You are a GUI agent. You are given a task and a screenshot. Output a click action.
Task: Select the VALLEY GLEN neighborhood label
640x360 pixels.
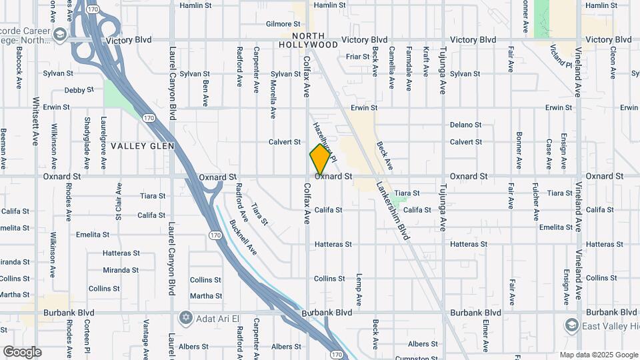tap(142, 146)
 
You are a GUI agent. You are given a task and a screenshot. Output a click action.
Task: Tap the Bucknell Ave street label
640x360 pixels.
tap(243, 238)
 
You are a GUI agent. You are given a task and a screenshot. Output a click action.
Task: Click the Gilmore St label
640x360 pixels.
tap(279, 24)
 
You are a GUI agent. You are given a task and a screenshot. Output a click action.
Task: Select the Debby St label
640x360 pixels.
tap(79, 90)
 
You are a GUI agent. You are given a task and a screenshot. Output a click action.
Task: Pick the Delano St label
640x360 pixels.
tap(465, 125)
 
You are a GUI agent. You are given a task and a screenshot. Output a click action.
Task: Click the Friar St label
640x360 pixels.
tap(357, 57)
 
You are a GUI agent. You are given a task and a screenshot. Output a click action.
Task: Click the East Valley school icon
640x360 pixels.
tap(571, 325)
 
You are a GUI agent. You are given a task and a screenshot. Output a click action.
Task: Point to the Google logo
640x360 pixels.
tap(22, 351)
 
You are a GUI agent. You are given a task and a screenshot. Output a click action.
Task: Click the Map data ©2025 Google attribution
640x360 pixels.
tap(598, 355)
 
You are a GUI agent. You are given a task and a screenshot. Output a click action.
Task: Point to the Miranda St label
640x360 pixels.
tap(121, 270)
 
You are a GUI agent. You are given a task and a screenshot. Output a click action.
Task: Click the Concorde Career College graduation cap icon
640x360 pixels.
tap(60, 35)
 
